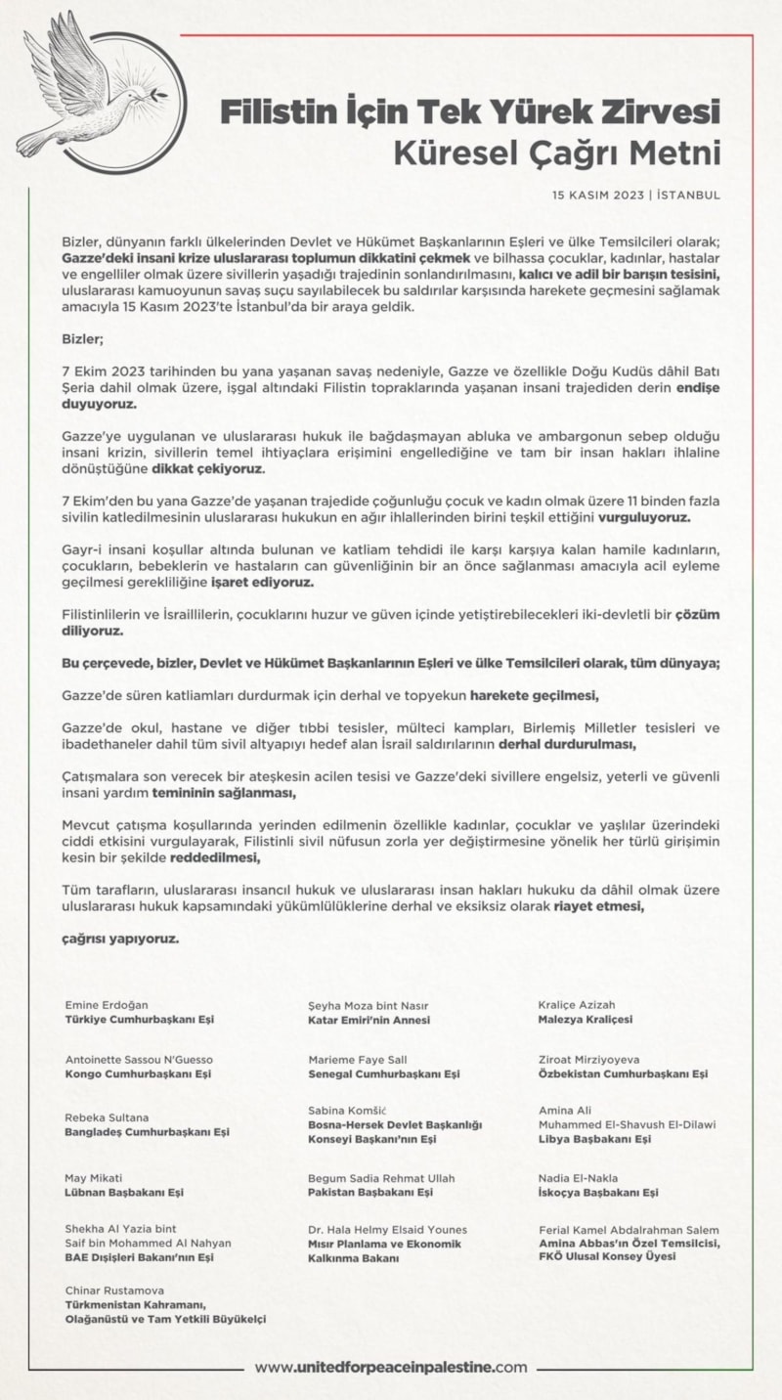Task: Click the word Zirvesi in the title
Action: [x=659, y=111]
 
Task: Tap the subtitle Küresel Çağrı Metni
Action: [x=556, y=153]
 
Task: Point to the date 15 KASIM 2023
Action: [x=597, y=195]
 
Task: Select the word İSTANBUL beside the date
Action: [x=688, y=195]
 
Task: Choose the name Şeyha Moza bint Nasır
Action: [x=368, y=1004]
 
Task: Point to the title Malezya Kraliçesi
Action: [x=586, y=1019]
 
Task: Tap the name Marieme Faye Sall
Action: [x=357, y=1059]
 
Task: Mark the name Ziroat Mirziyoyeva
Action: [x=588, y=1059]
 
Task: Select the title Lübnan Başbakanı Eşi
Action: [x=124, y=1192]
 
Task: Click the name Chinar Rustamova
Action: [x=113, y=1291]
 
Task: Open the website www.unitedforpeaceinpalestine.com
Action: [x=391, y=1368]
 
